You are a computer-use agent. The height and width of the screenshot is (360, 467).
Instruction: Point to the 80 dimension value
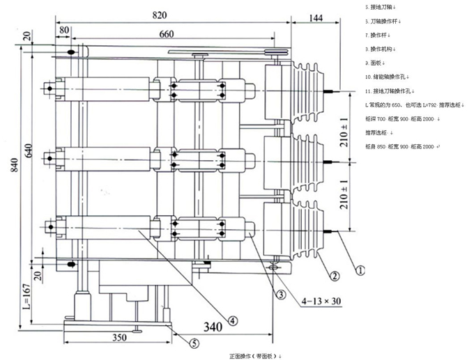[64, 31]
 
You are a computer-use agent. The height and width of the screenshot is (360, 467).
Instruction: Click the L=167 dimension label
[26, 298]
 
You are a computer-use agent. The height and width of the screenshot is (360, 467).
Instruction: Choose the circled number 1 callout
[361, 265]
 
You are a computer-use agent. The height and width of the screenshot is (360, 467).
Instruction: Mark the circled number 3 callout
[280, 295]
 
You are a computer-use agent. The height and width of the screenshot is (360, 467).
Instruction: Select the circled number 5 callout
[194, 342]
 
